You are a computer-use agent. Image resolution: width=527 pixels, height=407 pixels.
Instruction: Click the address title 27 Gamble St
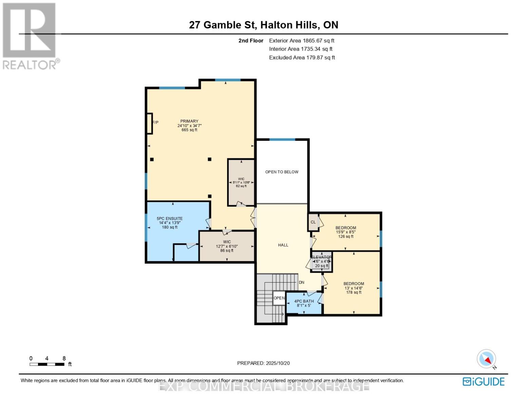[263, 25]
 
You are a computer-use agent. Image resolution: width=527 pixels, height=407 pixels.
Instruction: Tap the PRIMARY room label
[189, 121]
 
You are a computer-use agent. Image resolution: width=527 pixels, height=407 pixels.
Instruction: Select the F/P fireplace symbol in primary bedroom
[150, 123]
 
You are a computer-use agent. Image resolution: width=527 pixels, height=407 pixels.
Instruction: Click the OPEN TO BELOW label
[282, 172]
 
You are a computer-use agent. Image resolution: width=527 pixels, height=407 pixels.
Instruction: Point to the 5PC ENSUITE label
[170, 219]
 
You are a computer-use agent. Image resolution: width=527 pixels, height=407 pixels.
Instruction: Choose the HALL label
[283, 245]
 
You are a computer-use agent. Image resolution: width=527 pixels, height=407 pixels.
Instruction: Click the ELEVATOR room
[322, 262]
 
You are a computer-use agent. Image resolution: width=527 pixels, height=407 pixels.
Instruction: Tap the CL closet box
[313, 222]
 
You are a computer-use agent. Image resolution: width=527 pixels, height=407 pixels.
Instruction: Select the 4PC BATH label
[304, 301]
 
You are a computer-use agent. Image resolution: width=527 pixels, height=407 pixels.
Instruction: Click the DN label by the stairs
[301, 283]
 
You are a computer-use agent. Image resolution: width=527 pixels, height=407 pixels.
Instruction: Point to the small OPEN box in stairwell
[279, 298]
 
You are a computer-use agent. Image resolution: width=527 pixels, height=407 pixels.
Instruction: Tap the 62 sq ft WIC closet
[241, 182]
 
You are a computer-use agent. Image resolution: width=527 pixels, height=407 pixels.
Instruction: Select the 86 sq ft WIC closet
[227, 246]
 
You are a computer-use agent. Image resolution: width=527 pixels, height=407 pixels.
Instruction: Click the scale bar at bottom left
[47, 364]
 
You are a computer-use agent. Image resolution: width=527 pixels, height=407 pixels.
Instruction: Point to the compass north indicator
[487, 359]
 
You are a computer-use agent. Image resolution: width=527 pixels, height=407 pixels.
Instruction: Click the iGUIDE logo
[484, 382]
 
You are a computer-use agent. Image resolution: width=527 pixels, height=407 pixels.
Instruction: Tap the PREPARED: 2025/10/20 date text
[263, 363]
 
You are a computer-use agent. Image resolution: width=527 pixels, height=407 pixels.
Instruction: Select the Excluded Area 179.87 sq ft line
[302, 58]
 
